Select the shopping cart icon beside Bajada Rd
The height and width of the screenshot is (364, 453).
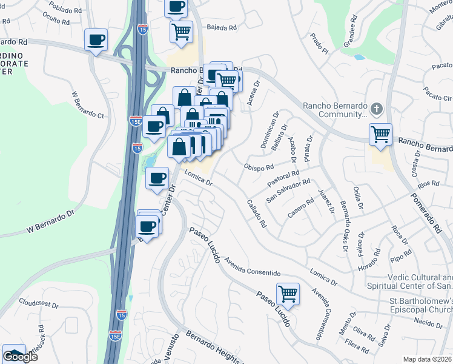[x=181, y=32]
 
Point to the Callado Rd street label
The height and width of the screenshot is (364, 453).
[x=256, y=214]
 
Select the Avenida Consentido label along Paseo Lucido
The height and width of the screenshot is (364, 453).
[x=253, y=266]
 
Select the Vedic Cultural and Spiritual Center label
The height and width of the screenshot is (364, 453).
[x=409, y=281]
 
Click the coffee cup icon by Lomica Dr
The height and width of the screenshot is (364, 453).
[x=157, y=178]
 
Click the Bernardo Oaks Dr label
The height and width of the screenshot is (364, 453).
[x=343, y=226]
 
